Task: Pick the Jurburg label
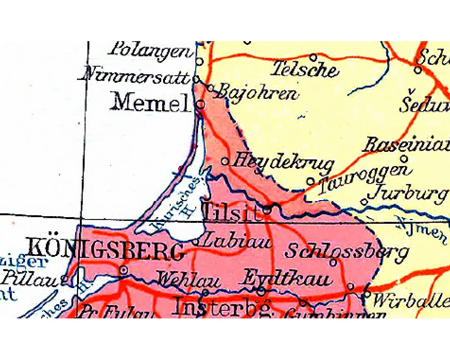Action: tap(408, 193)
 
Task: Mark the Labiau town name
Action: tap(235, 242)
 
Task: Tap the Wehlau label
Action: tap(188, 281)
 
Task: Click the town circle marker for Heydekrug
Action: tap(225, 161)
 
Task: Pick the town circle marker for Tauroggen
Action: tap(311, 181)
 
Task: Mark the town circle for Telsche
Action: tap(313, 58)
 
